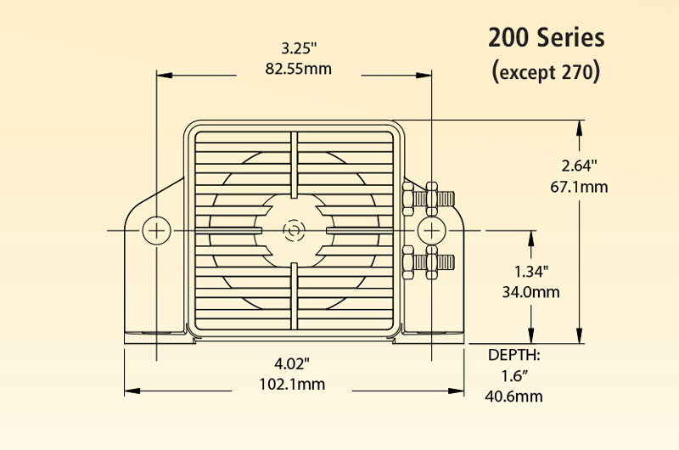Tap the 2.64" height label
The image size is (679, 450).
(580, 164)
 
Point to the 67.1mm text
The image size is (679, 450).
(580, 186)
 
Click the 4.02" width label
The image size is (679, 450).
(292, 363)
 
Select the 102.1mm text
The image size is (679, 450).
(292, 384)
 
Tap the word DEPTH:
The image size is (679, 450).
(515, 354)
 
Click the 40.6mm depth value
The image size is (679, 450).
(515, 396)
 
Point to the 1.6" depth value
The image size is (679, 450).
(515, 374)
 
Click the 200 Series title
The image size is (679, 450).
(546, 38)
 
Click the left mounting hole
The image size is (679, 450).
(156, 230)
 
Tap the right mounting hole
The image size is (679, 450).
(431, 230)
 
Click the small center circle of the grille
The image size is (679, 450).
(294, 230)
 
